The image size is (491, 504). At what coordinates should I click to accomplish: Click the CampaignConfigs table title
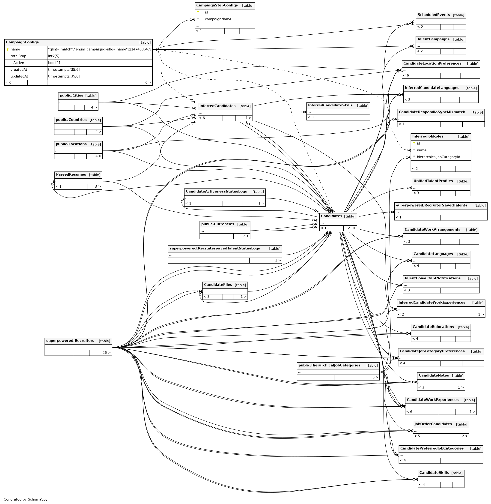tap(22, 42)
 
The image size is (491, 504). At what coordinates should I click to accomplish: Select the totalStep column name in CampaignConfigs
tap(18, 56)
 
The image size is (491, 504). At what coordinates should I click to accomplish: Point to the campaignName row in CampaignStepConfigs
tap(218, 19)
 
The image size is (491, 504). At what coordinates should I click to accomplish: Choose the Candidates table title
tap(331, 216)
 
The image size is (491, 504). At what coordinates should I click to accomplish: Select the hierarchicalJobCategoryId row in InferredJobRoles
tap(438, 157)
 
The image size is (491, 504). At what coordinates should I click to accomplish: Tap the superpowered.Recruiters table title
tap(70, 341)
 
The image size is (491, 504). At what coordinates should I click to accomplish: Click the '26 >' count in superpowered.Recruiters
tap(106, 353)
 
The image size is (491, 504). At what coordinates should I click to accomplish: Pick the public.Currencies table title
tap(218, 224)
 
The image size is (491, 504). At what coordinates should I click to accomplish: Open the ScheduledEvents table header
tap(434, 15)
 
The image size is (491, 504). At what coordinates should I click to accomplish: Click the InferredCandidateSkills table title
tap(330, 105)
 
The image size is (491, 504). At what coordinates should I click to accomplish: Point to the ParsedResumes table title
tap(71, 174)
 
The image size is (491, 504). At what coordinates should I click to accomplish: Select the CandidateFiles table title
tap(218, 285)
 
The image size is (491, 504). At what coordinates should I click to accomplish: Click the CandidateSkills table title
tap(434, 473)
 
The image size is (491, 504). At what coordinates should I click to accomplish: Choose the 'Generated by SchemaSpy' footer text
tap(26, 499)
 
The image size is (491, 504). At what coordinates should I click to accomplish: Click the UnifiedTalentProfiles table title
tap(433, 181)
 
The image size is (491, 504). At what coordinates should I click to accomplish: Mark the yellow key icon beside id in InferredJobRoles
tap(414, 144)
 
